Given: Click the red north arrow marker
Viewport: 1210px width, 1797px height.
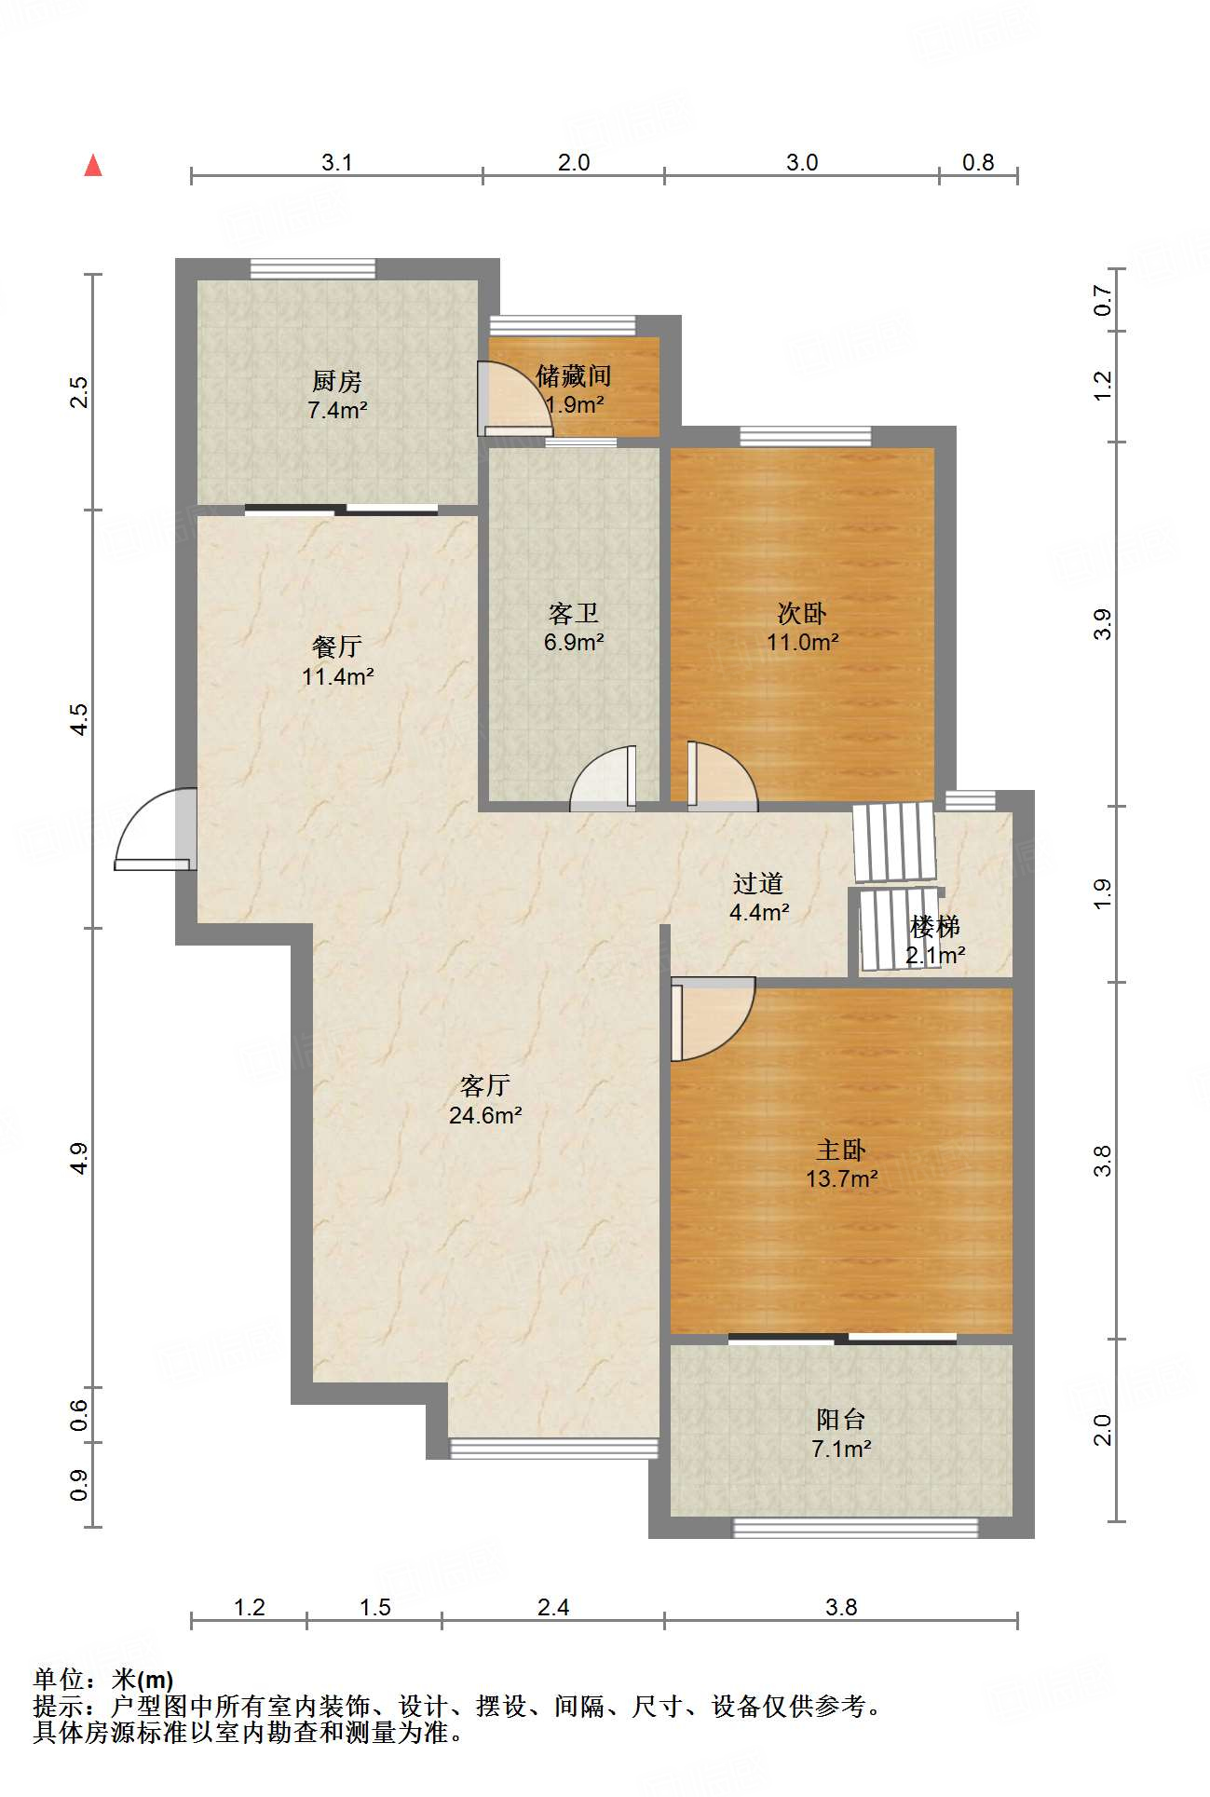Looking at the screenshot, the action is click(93, 165).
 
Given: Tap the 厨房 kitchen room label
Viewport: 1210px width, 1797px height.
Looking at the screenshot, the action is click(337, 381).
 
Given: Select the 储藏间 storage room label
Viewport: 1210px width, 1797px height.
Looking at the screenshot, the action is click(574, 376).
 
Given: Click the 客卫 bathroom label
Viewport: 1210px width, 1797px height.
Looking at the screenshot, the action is click(574, 614).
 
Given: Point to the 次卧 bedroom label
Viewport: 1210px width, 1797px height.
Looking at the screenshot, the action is click(802, 614).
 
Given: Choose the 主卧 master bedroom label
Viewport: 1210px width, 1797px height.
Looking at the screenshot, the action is click(841, 1150).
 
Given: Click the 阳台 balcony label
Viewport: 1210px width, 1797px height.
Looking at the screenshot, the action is click(841, 1420).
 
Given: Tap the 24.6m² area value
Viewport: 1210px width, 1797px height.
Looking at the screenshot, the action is click(485, 1115).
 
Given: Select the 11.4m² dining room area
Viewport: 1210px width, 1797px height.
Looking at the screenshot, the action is click(337, 676).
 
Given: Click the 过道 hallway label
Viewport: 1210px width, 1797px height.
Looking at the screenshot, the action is click(758, 883).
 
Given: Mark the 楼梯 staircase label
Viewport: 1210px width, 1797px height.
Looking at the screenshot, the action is click(935, 927).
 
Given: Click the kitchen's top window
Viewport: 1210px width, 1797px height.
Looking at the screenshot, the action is click(313, 268).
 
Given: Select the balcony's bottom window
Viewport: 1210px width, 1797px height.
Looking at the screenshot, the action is click(856, 1528).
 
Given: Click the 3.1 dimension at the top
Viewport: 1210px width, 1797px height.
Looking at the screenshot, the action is click(337, 162).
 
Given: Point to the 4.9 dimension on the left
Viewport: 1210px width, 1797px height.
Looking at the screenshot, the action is click(79, 1158).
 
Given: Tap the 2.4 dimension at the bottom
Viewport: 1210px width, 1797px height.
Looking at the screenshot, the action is click(553, 1607).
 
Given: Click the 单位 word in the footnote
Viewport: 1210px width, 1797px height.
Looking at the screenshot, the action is click(59, 1680).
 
